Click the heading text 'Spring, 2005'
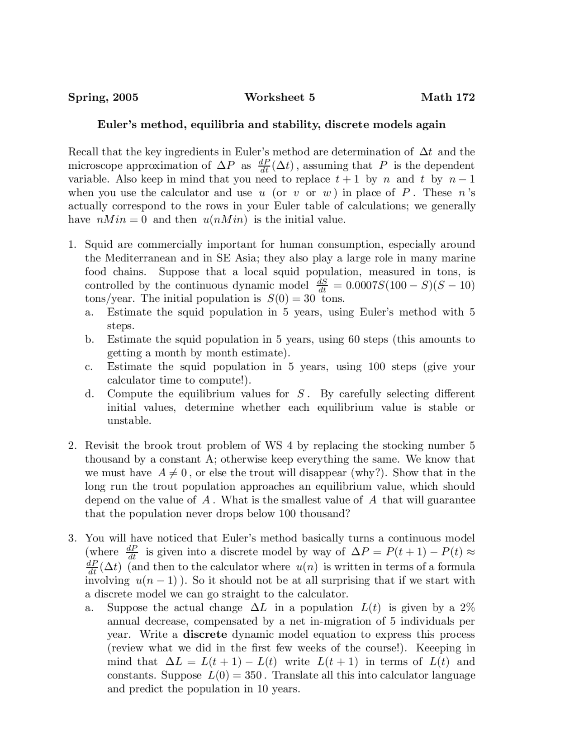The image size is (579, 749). [103, 97]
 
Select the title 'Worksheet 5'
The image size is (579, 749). [280, 97]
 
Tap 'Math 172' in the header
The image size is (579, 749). [447, 97]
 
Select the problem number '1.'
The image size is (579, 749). [72, 245]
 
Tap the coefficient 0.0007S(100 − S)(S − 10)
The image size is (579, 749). [410, 285]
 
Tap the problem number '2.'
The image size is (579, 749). [72, 446]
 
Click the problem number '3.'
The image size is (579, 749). [72, 538]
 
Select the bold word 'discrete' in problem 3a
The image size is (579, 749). [205, 635]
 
